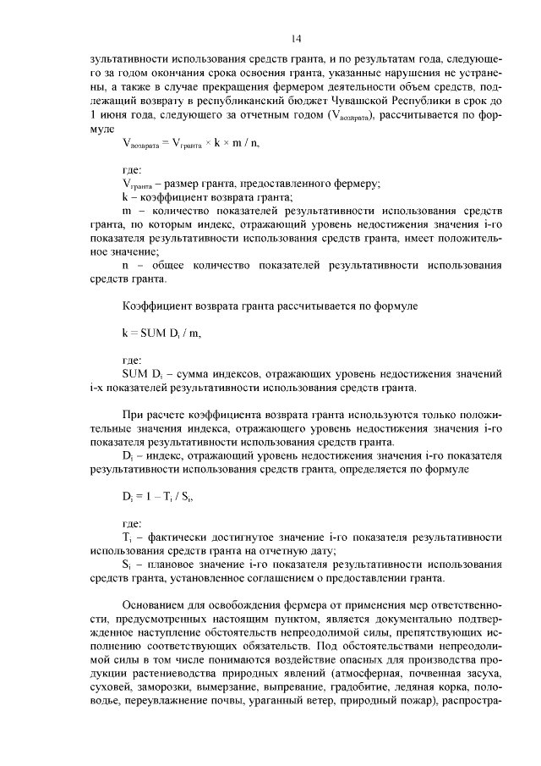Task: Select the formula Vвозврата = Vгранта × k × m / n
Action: coord(190,143)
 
